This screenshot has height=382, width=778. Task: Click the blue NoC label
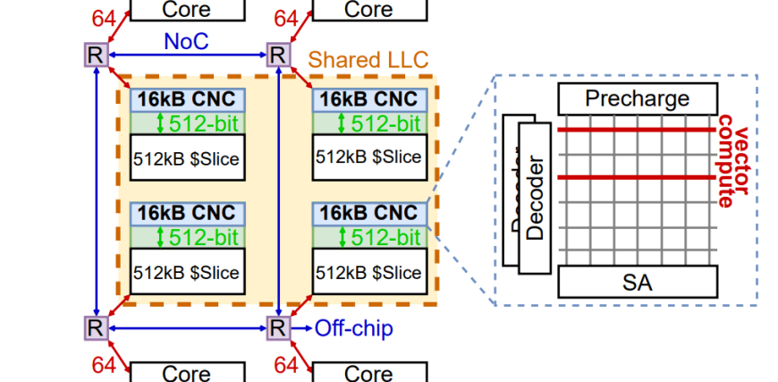185,41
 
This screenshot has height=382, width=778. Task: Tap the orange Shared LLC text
368,60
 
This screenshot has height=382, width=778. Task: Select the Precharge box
637,98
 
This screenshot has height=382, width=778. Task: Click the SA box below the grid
637,283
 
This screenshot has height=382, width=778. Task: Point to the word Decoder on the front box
536,199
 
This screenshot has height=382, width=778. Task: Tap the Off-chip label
353,328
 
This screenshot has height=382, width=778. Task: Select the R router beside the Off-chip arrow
278,328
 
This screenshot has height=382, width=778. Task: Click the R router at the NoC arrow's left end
95,55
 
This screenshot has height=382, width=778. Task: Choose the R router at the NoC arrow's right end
278,55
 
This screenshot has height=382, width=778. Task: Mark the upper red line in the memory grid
637,131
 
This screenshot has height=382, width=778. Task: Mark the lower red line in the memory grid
637,177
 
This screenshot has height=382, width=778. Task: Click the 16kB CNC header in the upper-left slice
187,98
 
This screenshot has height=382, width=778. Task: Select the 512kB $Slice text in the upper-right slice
368,157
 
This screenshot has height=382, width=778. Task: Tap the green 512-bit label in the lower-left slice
194,237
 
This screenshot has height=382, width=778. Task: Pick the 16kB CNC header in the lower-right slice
368,213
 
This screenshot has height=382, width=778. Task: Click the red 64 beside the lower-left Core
104,365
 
